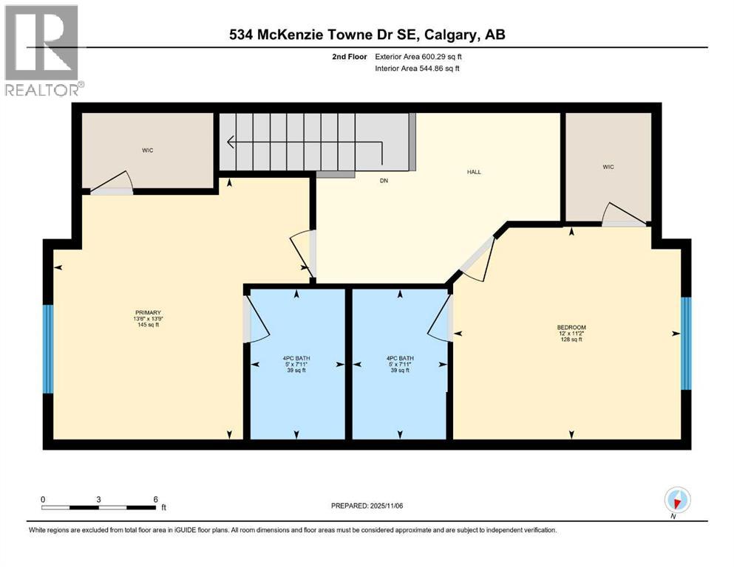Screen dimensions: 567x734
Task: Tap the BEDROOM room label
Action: click(x=571, y=327)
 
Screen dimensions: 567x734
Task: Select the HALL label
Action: click(x=473, y=171)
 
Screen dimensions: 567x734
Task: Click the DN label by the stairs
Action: click(x=384, y=180)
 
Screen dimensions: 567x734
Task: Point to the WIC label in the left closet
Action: click(x=148, y=151)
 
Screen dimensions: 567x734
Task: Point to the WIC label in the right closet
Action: click(x=608, y=167)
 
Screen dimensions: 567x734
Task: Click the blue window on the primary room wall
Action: click(x=48, y=348)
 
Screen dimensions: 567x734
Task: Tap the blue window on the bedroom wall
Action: click(x=686, y=343)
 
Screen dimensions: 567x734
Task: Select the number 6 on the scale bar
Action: click(x=154, y=499)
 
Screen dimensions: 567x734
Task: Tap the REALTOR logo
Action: click(x=42, y=50)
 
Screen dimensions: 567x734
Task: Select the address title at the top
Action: click(x=367, y=35)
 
